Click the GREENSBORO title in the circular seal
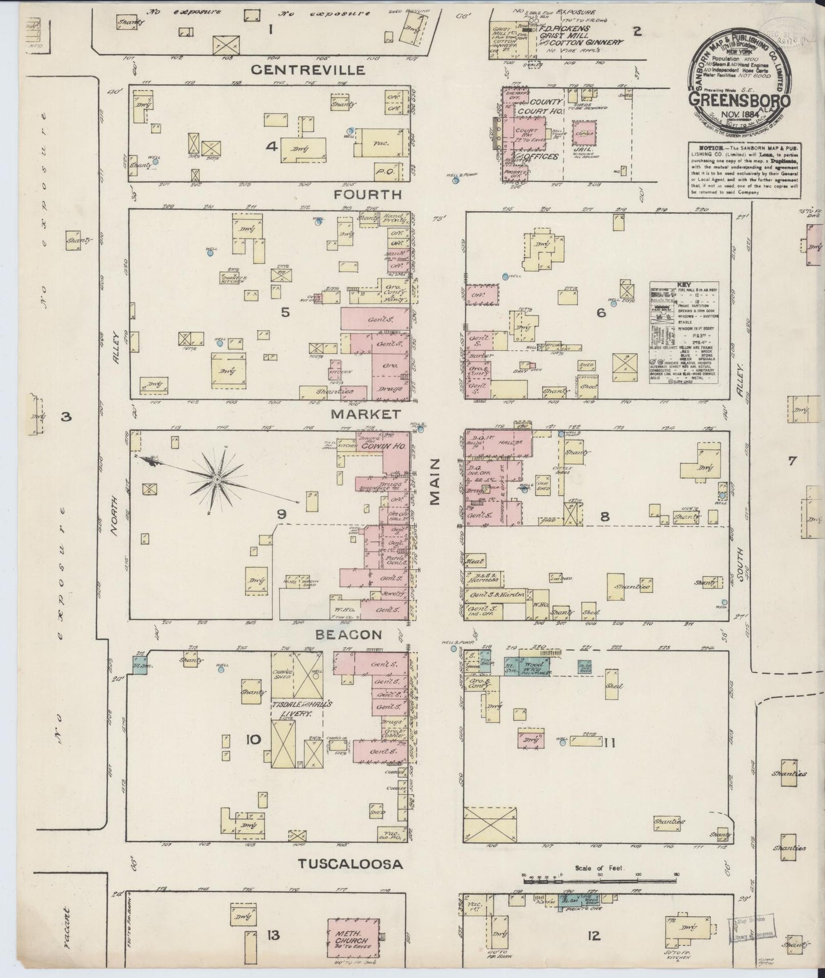739,99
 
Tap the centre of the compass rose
217,480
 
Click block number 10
253,739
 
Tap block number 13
273,935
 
